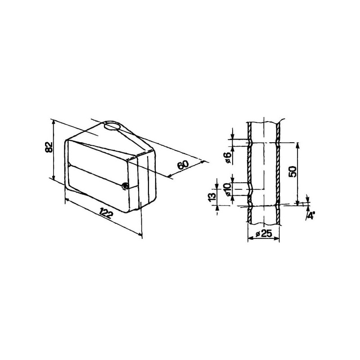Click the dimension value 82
[x=49, y=148]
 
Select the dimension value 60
[x=183, y=164]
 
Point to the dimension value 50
[x=293, y=171]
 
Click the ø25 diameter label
[x=264, y=234]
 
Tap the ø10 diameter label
[x=228, y=189]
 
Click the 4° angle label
[x=310, y=216]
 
